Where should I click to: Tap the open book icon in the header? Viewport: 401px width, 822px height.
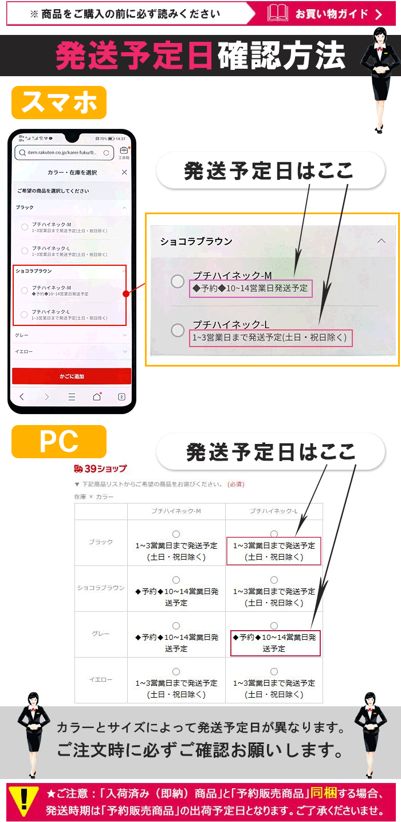click(278, 13)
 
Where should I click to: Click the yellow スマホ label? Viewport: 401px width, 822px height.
click(59, 103)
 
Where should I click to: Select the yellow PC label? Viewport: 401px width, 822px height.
click(59, 442)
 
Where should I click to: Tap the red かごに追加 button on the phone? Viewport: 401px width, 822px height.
click(72, 376)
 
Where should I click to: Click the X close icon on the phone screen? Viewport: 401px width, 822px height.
click(124, 172)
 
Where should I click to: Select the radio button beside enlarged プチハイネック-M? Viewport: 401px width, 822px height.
click(178, 282)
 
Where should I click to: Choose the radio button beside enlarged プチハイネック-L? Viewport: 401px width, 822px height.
click(178, 331)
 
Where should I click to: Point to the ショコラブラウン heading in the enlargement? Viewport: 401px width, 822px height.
click(196, 242)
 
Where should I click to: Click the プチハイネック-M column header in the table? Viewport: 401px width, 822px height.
click(176, 511)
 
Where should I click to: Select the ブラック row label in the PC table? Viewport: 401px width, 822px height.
click(101, 542)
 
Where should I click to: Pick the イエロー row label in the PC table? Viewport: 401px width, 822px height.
click(101, 679)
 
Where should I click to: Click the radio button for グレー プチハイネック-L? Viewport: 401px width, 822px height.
click(274, 626)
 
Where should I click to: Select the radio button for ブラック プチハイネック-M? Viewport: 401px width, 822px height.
click(176, 534)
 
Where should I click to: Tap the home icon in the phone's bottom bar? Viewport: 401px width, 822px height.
click(97, 397)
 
